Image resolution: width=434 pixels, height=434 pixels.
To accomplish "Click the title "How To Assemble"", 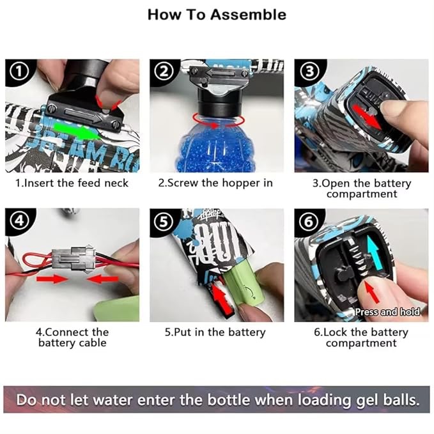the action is click(217, 15).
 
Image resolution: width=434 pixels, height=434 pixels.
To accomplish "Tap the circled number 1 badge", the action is click(19, 72).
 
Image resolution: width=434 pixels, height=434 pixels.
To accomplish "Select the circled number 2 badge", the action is click(164, 72).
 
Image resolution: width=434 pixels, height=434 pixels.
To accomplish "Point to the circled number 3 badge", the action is click(309, 72).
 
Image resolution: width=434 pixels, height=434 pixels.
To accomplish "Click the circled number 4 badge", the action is click(19, 221).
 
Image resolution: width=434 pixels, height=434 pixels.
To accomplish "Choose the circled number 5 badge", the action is click(163, 222).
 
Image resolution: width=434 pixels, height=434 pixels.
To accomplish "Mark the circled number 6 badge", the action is click(309, 221).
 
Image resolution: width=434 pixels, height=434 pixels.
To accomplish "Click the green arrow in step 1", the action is click(77, 130).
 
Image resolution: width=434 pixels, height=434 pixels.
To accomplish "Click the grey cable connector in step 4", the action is click(74, 258).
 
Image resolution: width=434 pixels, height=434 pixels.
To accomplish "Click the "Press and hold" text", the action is click(387, 312).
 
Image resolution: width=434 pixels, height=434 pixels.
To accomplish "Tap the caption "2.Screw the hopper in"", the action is click(215, 183).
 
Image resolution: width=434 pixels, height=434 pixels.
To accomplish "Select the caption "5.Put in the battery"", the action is click(215, 332).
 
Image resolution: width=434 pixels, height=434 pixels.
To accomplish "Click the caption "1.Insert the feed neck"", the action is click(72, 183).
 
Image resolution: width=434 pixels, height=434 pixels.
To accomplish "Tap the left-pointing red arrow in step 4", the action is click(102, 279).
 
